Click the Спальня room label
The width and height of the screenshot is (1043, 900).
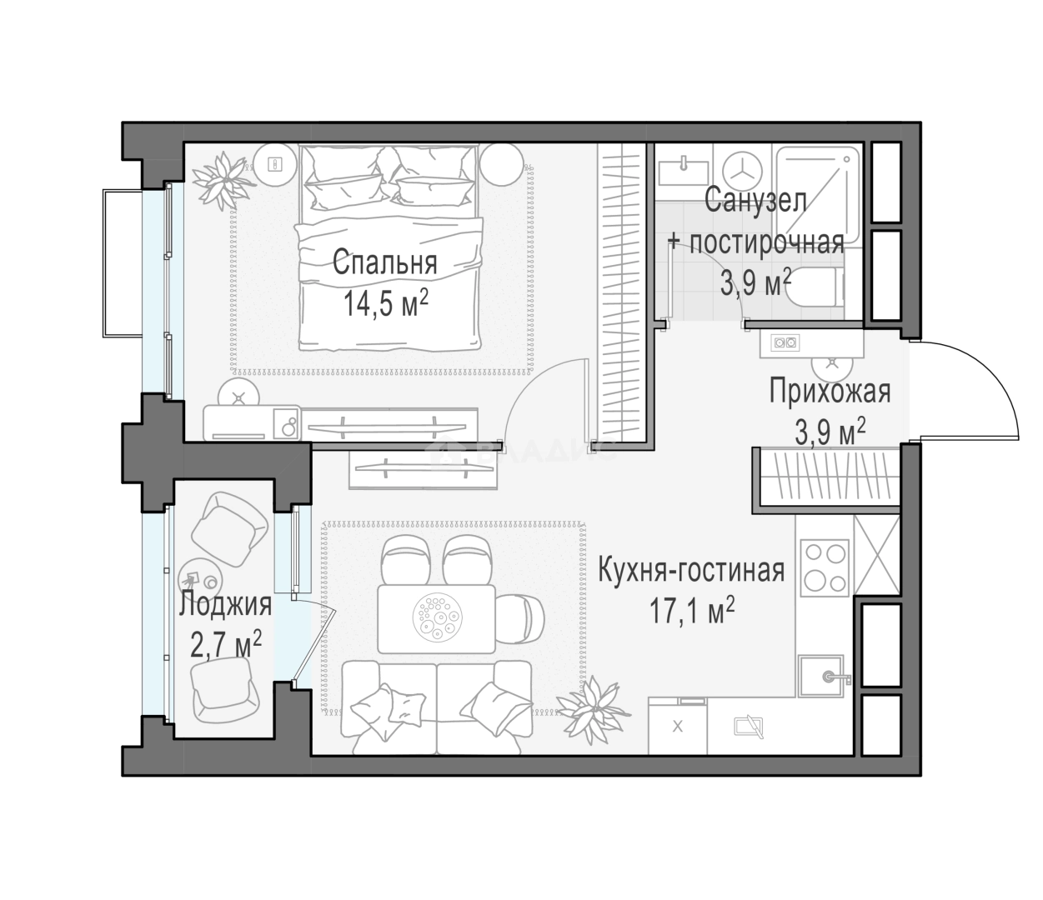(x=384, y=264)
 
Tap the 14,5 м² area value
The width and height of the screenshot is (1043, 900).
(x=385, y=302)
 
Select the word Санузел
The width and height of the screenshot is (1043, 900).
(x=755, y=200)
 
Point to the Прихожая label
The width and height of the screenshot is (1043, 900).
(x=830, y=392)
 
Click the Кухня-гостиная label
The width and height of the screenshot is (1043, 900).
(x=691, y=571)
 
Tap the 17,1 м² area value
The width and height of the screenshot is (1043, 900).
(x=691, y=611)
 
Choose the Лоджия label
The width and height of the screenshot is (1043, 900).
(x=226, y=604)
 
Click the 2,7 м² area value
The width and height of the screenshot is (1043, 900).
(x=226, y=644)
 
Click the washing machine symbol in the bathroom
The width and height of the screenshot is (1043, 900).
(x=742, y=171)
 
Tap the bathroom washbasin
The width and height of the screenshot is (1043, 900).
(x=684, y=170)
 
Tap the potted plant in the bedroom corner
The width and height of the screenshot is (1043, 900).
(x=222, y=180)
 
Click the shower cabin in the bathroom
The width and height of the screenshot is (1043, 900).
(x=817, y=195)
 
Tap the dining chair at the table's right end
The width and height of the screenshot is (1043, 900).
(x=521, y=618)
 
